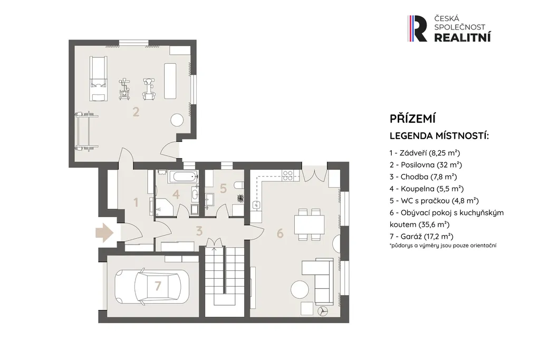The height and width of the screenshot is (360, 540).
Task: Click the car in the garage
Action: [151, 285]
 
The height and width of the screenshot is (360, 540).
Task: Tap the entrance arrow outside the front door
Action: [105, 233]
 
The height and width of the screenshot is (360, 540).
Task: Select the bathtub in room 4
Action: [183, 177]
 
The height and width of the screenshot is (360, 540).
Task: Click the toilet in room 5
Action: [239, 186]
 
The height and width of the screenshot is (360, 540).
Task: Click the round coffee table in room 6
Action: [300, 289]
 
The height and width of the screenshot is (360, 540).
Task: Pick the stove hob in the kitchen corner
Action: [287, 176]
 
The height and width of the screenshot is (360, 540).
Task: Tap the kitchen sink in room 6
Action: [256, 205]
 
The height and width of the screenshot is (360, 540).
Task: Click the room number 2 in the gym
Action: [136, 112]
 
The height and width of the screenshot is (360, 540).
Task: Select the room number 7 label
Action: [158, 286]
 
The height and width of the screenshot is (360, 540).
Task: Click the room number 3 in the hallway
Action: [199, 231]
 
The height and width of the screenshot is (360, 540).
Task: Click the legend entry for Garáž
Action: [421, 237]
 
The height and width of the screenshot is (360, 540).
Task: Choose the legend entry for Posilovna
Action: [426, 165]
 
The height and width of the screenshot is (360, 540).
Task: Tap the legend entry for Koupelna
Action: [427, 189]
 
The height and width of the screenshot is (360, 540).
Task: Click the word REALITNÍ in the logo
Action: [462, 37]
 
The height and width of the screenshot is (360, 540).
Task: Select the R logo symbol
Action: [417, 28]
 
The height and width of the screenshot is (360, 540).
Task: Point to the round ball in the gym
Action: [177, 120]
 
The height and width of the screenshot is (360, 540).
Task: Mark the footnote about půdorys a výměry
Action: [443, 246]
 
